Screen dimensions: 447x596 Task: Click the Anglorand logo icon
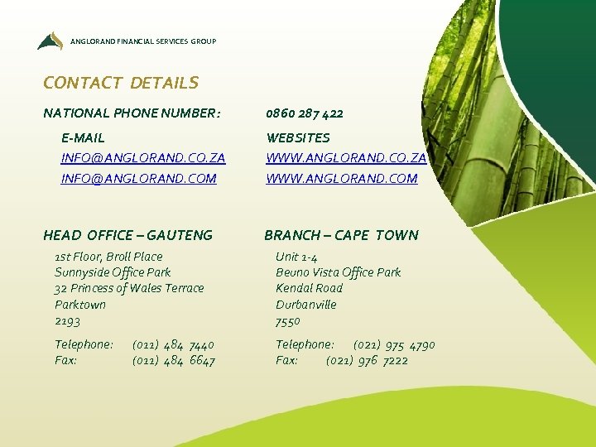(x=50, y=41)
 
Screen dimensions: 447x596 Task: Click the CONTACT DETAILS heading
(x=121, y=83)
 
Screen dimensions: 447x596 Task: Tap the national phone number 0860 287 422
(x=305, y=113)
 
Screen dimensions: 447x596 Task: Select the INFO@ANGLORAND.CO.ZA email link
(x=143, y=157)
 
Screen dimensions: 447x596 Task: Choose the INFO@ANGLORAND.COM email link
(x=139, y=178)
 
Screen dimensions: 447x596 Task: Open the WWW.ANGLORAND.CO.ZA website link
(x=346, y=157)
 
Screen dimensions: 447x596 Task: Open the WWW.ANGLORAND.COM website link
(x=342, y=178)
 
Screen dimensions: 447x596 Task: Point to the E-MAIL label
(x=83, y=137)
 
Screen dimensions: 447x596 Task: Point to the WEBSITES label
(x=298, y=137)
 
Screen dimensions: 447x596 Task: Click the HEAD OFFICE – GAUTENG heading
(x=127, y=235)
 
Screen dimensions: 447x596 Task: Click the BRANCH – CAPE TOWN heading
(x=341, y=235)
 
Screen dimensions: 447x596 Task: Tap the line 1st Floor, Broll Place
(x=108, y=257)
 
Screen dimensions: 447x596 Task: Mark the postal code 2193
(x=68, y=320)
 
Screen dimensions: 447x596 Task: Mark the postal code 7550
(x=288, y=320)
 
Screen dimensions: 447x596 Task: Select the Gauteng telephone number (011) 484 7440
(x=173, y=344)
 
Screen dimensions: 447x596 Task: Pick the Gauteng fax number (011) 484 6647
(x=173, y=360)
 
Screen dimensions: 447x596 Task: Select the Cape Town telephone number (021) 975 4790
(x=394, y=344)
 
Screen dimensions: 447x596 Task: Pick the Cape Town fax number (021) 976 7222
(x=367, y=360)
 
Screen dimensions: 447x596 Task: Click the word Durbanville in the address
(x=306, y=305)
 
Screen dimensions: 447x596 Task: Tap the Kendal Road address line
(x=309, y=288)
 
